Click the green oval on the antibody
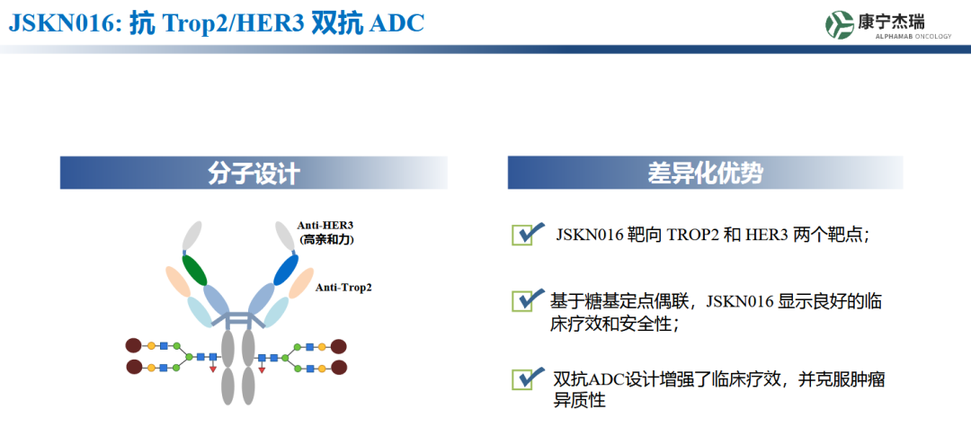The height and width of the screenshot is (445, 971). click(x=194, y=269)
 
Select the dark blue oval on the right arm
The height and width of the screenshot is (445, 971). click(x=286, y=269)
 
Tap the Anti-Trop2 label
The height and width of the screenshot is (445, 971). click(x=343, y=287)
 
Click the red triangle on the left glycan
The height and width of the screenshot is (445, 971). click(x=213, y=369)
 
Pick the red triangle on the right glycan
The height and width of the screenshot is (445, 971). click(x=262, y=369)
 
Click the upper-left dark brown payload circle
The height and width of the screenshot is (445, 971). click(x=134, y=346)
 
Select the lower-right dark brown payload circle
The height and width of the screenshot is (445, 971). click(x=339, y=367)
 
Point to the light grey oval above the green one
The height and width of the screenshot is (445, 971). click(x=192, y=236)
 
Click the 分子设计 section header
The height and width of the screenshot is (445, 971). click(x=254, y=174)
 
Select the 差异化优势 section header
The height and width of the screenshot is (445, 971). click(x=706, y=174)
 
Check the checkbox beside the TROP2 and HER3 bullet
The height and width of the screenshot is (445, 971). click(x=522, y=236)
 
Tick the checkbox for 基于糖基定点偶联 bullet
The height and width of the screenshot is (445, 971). click(x=522, y=301)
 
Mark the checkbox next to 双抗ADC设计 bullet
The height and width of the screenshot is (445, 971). click(x=522, y=379)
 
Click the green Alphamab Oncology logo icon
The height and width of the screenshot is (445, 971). click(x=839, y=24)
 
